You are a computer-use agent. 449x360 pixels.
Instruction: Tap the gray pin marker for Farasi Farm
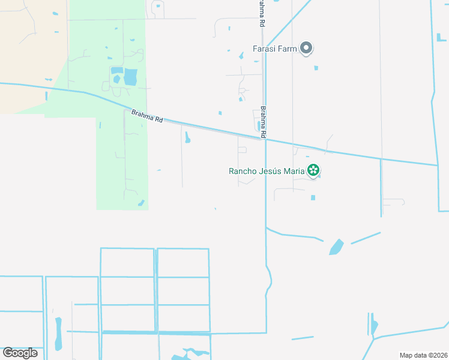pos(306,48)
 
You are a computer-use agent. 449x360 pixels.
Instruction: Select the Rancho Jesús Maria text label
pos(267,171)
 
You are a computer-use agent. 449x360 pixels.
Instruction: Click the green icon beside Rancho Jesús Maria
pos(313,171)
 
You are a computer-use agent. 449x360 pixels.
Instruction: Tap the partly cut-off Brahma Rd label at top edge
pos(261,13)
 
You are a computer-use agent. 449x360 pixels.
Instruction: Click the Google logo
pos(20,353)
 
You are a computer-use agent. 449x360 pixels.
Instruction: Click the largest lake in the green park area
pos(130,77)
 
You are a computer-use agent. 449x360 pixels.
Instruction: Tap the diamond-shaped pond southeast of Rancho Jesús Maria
pos(336,247)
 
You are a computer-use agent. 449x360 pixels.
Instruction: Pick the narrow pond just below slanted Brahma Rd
pos(187,138)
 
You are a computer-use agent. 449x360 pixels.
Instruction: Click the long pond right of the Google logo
pos(58,334)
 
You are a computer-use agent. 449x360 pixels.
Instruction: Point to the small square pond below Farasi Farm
pos(316,68)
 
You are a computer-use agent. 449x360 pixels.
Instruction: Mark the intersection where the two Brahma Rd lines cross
pos(265,140)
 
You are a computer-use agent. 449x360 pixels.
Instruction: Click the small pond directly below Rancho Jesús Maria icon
pos(313,197)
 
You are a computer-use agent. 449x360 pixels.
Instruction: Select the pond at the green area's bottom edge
pos(141,203)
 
